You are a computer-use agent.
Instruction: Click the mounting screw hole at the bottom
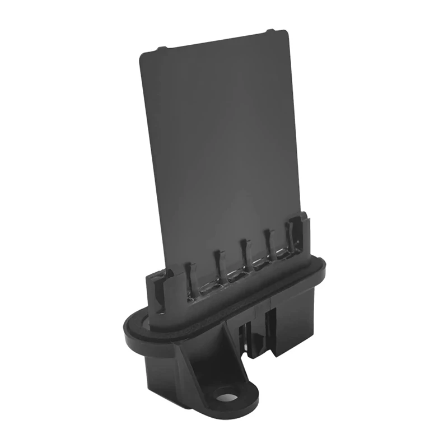coord(227,397)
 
